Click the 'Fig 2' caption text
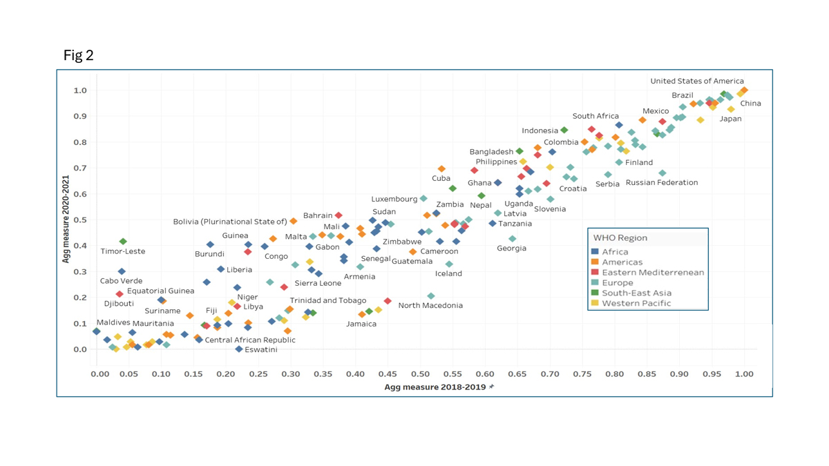click(78, 56)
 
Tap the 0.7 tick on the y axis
click(80, 168)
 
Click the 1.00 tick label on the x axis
click(744, 374)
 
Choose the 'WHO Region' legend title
click(620, 238)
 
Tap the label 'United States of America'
click(697, 81)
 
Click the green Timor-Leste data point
click(123, 242)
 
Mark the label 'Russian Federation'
click(662, 183)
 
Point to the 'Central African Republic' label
click(250, 340)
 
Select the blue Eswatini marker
click(239, 349)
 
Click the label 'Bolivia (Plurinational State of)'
click(230, 222)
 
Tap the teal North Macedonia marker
click(431, 296)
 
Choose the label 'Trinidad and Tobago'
click(328, 301)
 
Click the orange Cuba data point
click(441, 169)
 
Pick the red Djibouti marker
click(120, 294)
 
